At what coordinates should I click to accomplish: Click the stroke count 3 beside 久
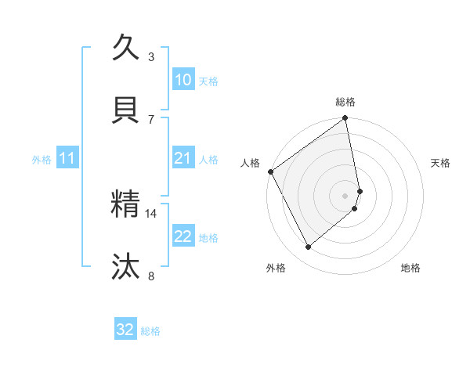[x=151, y=57]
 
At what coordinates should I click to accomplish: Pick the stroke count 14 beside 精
[x=151, y=212]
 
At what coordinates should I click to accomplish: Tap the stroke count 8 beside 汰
[x=151, y=275]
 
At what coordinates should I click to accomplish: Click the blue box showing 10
[x=183, y=80]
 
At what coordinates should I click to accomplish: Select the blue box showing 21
[x=183, y=158]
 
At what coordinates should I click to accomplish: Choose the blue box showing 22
[x=183, y=236]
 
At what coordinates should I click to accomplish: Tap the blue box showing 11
[x=67, y=159]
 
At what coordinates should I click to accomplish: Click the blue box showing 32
[x=125, y=330]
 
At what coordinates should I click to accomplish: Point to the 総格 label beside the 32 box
[x=150, y=331]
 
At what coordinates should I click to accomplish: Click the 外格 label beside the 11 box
[x=42, y=160]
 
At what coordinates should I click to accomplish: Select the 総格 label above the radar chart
[x=345, y=102]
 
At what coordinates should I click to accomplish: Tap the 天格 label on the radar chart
[x=441, y=163]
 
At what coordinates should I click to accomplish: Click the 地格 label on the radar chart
[x=410, y=268]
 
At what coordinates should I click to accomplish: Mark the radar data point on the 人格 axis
[x=270, y=171]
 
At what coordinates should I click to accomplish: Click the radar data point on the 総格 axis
[x=345, y=119]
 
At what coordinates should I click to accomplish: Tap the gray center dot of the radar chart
[x=345, y=195]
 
